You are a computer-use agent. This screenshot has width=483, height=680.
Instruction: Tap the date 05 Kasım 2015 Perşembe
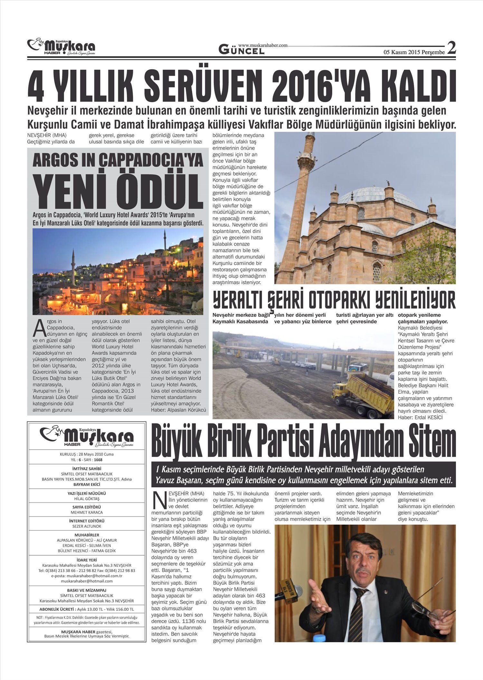pyautogui.click(x=414, y=52)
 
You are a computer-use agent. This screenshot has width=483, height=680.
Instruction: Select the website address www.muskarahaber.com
pyautogui.click(x=263, y=45)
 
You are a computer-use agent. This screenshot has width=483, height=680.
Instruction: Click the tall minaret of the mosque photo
pyautogui.click(x=299, y=206)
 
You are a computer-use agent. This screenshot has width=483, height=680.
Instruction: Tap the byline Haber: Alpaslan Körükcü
pyautogui.click(x=178, y=410)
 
